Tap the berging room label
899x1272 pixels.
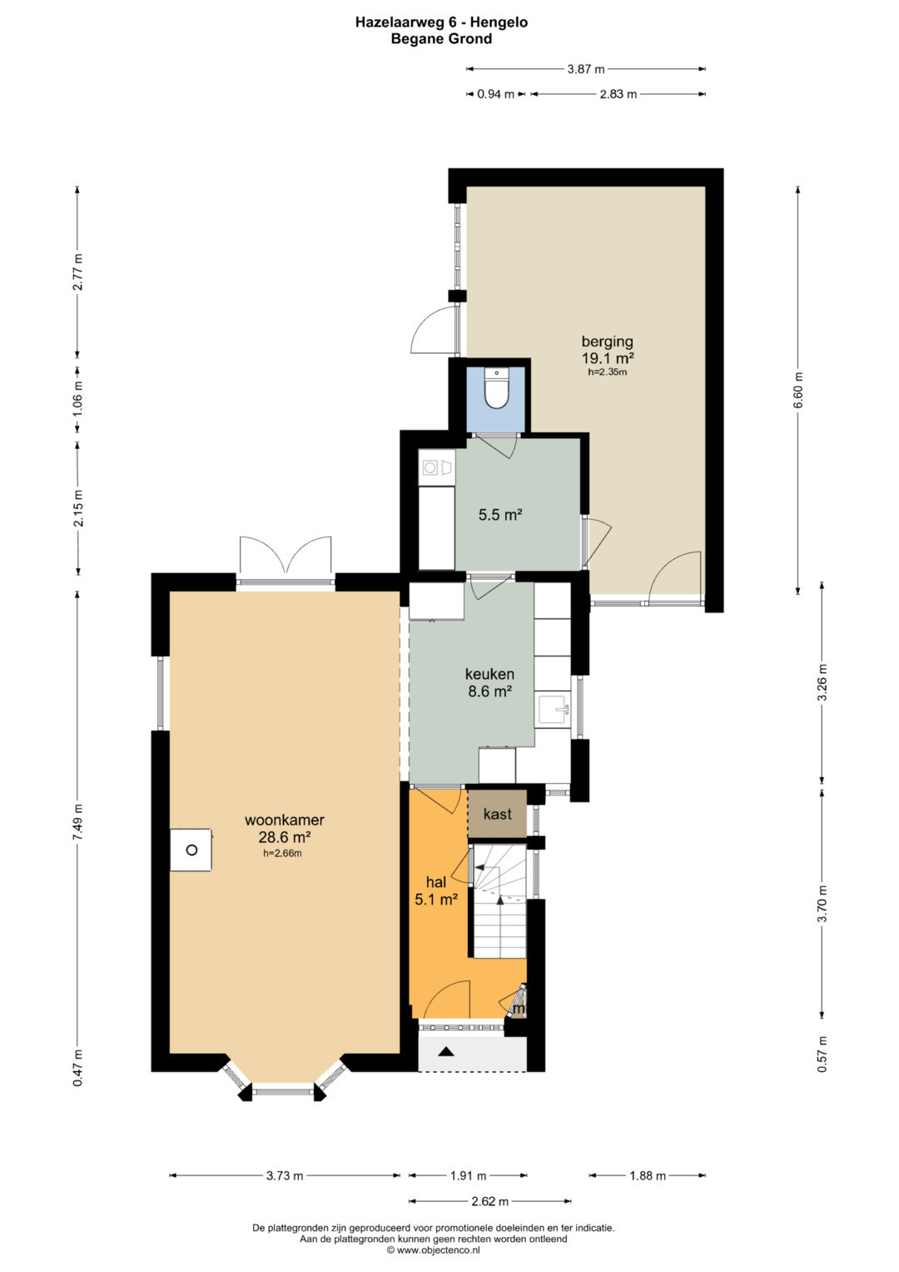607,342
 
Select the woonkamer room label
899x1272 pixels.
285,820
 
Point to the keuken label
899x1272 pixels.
489,674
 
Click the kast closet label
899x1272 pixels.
497,814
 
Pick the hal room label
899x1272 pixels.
436,882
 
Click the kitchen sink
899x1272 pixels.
553,709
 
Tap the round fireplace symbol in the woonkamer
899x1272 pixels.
191,850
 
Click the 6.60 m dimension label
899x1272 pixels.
798,390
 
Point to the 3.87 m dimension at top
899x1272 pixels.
586,69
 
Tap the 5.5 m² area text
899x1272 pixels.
499,515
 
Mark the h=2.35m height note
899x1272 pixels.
607,372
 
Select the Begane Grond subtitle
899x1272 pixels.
441,39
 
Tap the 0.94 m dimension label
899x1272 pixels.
495,94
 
